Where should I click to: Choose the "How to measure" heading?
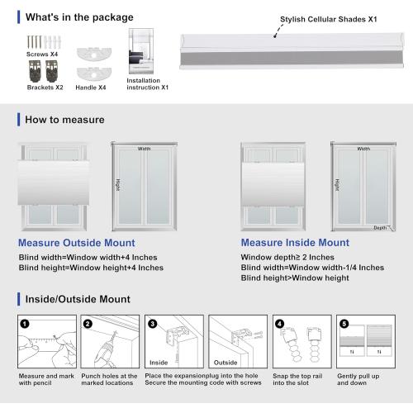point(64,120)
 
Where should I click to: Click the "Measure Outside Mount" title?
point(83,244)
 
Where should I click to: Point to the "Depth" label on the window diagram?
point(380,227)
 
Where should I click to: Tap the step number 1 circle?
point(26,325)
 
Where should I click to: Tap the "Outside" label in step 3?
point(225,361)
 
